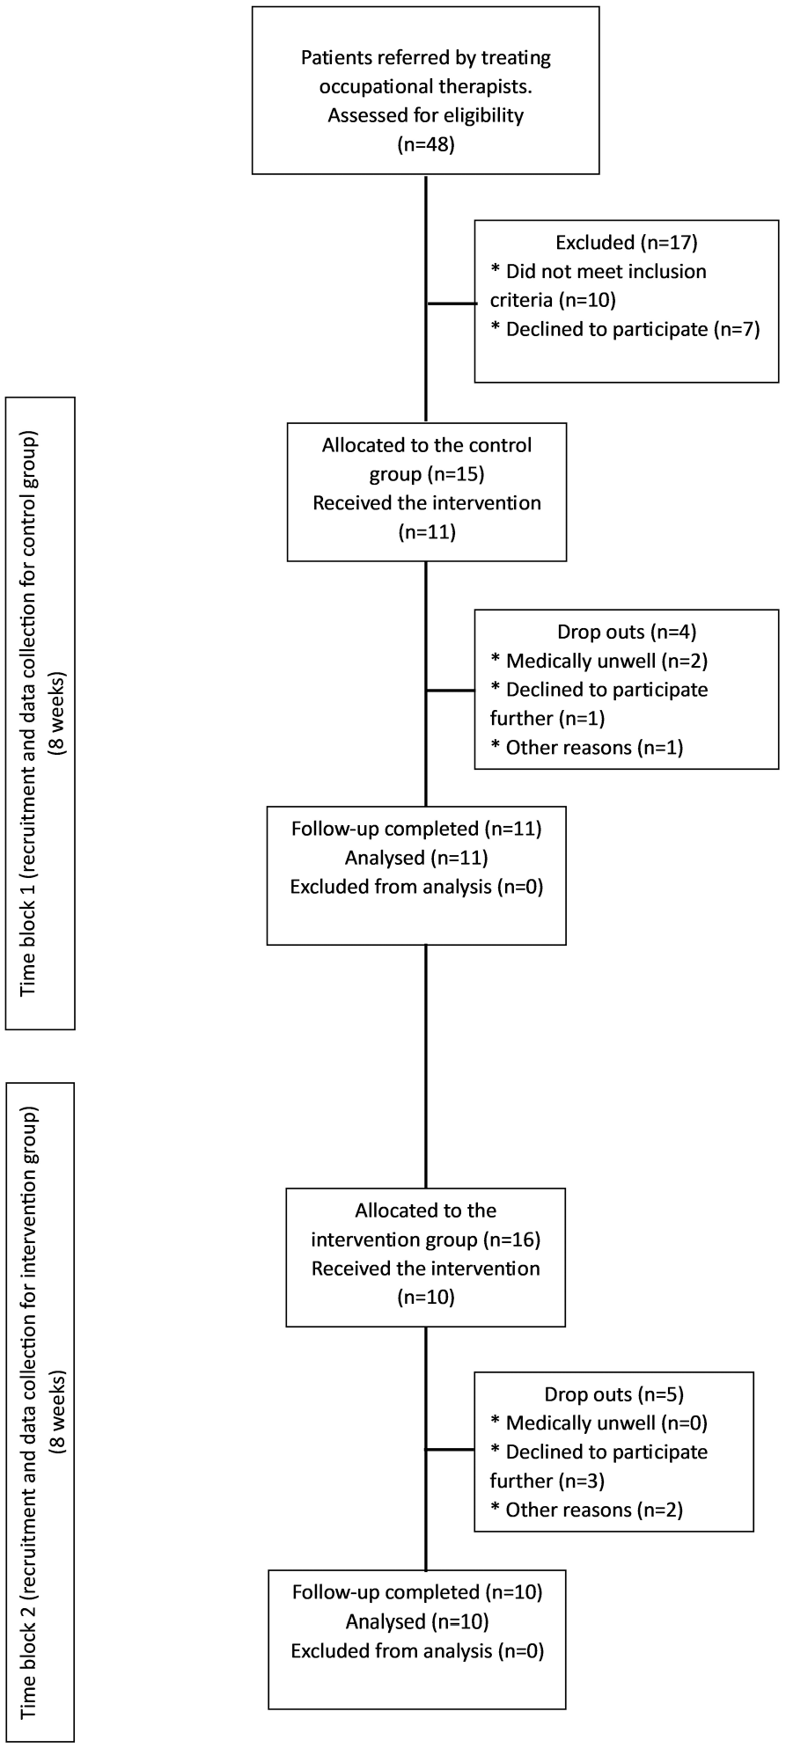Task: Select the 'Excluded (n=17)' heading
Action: point(626,242)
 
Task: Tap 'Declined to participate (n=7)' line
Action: point(625,329)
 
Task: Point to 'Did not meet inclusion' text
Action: point(599,271)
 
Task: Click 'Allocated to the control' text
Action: point(427,445)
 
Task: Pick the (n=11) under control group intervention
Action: point(427,532)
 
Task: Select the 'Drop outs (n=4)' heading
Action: point(627,632)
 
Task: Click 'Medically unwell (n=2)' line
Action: point(599,661)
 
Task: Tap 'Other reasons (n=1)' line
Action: point(587,748)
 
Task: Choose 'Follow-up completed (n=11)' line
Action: point(416,829)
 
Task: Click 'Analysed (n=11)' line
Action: point(416,858)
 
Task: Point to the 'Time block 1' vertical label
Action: point(40,713)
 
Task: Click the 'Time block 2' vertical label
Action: point(40,1414)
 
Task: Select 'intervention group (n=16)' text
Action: point(426,1240)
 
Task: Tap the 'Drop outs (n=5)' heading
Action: point(614,1394)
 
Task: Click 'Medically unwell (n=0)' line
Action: point(599,1423)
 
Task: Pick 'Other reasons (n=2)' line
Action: point(587,1510)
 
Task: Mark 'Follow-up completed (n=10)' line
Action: point(417,1592)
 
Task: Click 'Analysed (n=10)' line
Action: point(417,1621)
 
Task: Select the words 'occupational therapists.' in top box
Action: point(426,87)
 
